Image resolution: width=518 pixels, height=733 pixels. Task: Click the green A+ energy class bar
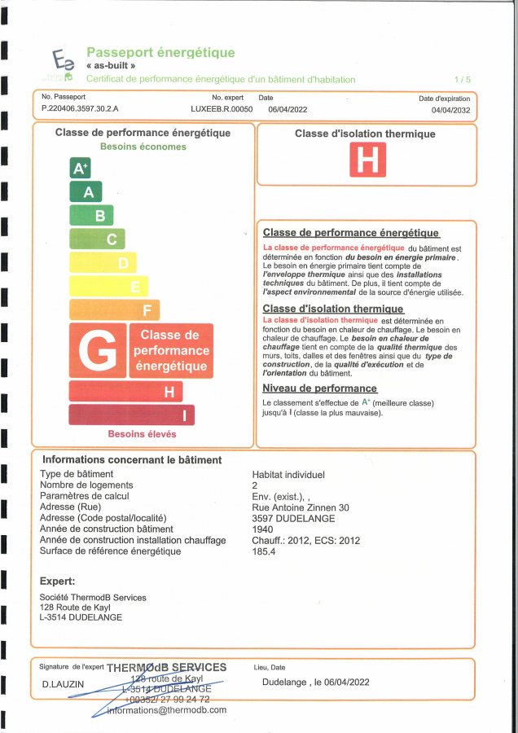pos(80,169)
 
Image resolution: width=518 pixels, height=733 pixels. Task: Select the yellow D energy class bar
pos(103,263)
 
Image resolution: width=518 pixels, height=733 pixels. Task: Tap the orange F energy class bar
pos(114,310)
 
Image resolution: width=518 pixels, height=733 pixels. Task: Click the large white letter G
pos(98,351)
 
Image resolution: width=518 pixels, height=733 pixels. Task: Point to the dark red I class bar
pos(131,415)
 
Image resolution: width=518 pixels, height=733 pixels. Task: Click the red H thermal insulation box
pos(367,160)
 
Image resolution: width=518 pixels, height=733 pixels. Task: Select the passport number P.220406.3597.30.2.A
pos(80,108)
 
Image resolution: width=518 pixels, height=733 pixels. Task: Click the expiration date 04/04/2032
pos(452,108)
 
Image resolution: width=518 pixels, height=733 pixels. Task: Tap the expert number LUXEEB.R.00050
pos(222,108)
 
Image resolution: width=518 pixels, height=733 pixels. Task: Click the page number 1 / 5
pos(463,80)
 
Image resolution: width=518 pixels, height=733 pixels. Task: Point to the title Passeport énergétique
pos(160,53)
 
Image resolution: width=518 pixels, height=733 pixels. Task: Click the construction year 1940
pos(263,529)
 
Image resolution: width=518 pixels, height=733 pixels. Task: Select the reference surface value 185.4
pos(264,551)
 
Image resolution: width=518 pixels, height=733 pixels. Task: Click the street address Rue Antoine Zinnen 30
pos(301,507)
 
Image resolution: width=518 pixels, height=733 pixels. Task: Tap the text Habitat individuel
pos(288,474)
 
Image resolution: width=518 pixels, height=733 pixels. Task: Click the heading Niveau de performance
pos(319,388)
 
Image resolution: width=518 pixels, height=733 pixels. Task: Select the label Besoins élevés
pos(142,434)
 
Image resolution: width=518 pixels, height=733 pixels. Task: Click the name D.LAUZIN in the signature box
pos(63,684)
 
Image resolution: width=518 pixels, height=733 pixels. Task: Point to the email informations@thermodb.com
pos(166,709)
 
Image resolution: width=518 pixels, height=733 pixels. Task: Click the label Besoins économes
pos(143,147)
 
